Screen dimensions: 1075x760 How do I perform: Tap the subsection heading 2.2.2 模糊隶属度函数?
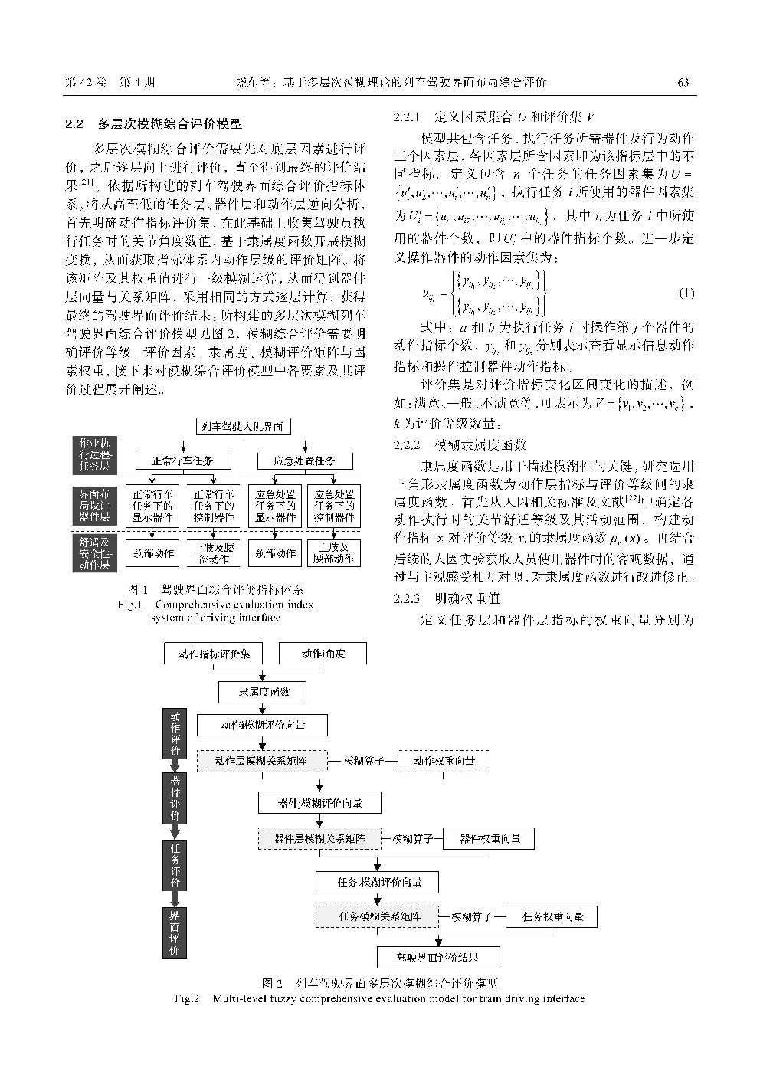[x=460, y=445]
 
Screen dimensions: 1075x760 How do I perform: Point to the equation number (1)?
[x=686, y=294]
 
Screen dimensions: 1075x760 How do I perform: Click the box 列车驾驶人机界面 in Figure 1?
[x=241, y=427]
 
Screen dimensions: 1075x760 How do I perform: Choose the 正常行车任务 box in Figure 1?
[x=182, y=460]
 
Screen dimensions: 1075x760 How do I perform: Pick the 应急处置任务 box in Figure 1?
[x=305, y=460]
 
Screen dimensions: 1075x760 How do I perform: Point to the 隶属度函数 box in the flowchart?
[x=264, y=692]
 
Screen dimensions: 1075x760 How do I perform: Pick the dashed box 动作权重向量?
[x=444, y=761]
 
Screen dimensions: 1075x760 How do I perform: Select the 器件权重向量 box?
[x=490, y=839]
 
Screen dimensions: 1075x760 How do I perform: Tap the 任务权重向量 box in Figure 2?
[x=552, y=916]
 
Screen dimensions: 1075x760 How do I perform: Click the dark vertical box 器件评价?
[x=175, y=798]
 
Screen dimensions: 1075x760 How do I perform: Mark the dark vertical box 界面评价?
[x=175, y=932]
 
